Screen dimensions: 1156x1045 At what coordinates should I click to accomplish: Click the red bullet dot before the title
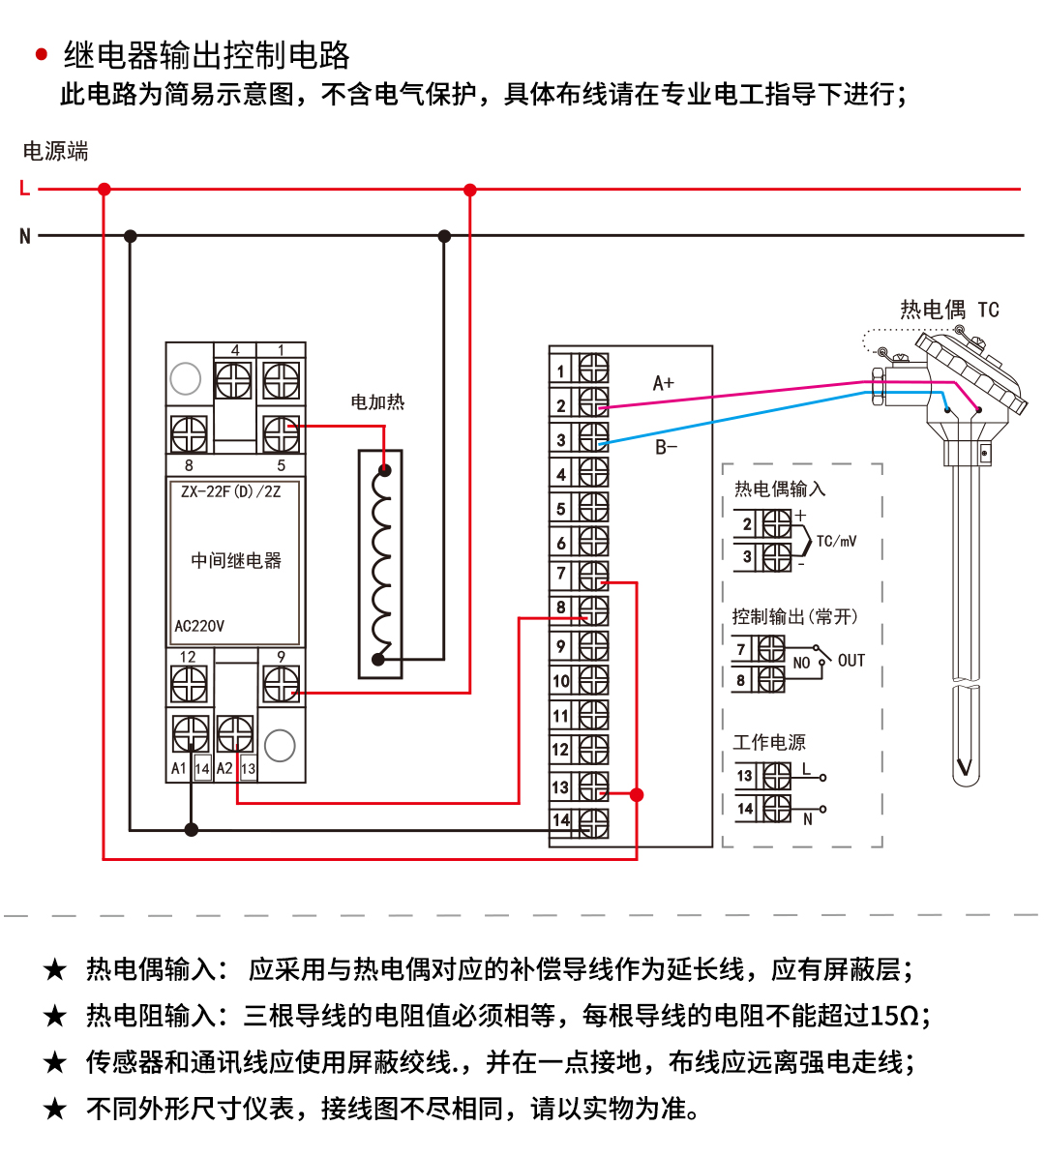pos(42,55)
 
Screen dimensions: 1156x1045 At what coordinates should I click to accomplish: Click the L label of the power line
pos(25,189)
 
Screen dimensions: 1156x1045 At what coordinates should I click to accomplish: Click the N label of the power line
pos(25,236)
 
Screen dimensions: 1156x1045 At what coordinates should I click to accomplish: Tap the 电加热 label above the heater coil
pos(377,402)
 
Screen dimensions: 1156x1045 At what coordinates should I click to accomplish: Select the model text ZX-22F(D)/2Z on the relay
pos(231,491)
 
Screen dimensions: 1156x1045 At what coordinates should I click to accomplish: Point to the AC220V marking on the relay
pos(199,626)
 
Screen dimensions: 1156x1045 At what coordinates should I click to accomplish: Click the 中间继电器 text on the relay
pos(236,561)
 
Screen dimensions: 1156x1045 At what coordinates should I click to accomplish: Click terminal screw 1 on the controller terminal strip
pos(593,370)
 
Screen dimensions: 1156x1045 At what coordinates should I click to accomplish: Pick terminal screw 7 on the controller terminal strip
pos(593,576)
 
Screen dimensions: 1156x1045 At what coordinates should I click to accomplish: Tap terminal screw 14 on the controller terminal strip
pos(593,822)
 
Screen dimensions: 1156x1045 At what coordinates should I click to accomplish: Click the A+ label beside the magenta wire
pos(664,384)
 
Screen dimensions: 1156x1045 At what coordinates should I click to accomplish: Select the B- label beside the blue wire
pos(667,447)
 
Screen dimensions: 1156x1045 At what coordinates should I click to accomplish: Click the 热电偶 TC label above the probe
pos(949,310)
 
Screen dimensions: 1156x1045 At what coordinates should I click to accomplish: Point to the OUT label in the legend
pos(851,661)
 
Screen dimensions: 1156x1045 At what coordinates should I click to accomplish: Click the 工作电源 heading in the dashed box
pos(769,742)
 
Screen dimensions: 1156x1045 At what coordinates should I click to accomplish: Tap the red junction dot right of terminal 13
pos(637,794)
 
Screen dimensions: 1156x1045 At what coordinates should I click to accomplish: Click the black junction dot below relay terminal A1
pos(192,829)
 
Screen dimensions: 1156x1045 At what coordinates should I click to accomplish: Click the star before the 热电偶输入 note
pos(55,969)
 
